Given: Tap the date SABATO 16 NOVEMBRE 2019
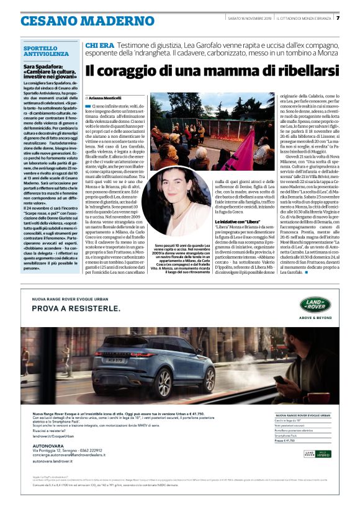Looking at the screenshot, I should click(x=250, y=18).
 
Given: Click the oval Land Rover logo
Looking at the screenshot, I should click(x=315, y=304).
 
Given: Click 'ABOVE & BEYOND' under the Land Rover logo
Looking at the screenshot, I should click(x=315, y=316).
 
